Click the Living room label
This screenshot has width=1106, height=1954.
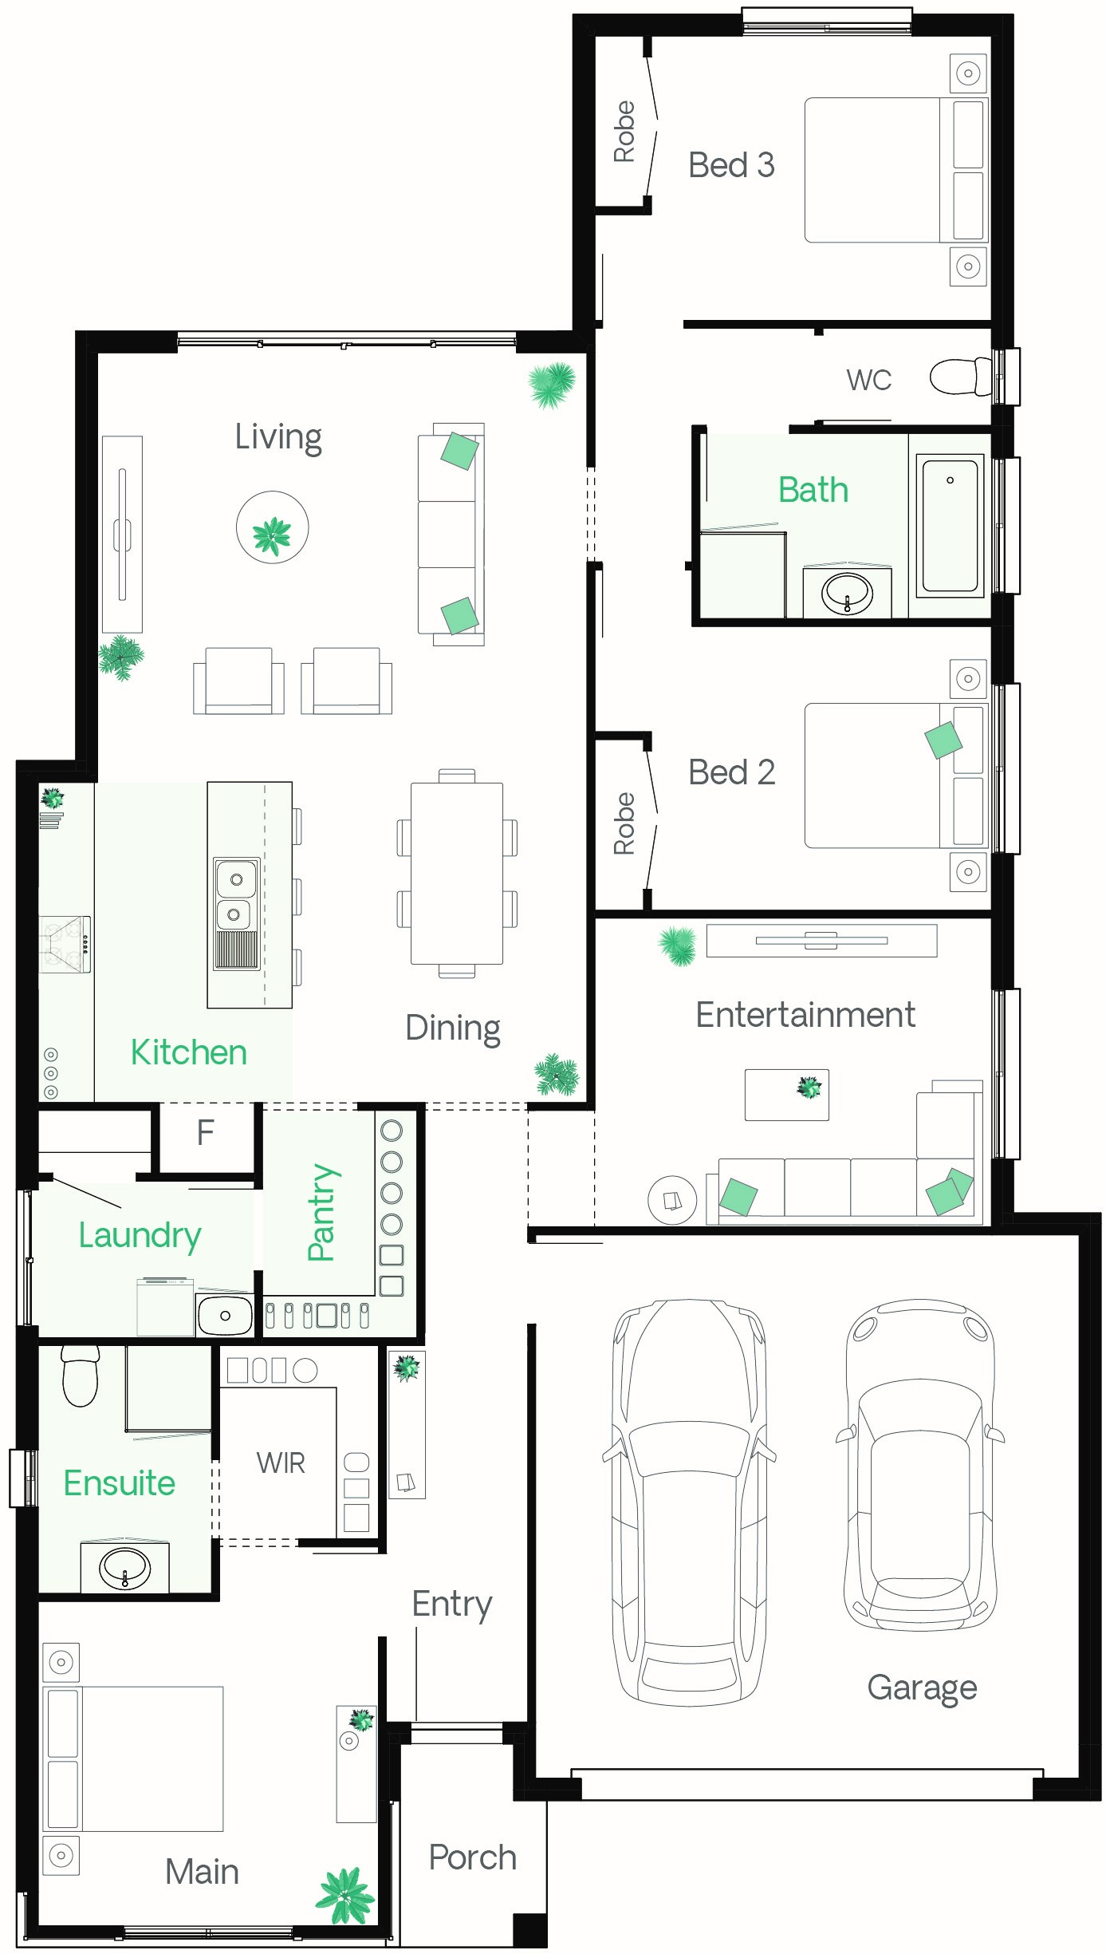[x=278, y=437]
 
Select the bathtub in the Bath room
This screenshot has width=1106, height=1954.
[x=950, y=525]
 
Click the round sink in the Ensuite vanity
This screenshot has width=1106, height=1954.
[x=124, y=1568]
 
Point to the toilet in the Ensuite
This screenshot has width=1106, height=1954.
[x=80, y=1376]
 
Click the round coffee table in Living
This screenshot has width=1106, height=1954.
[x=272, y=527]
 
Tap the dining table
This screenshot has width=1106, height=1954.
[x=457, y=873]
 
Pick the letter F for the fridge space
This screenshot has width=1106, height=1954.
[x=206, y=1132]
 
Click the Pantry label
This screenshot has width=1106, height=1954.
[x=323, y=1212]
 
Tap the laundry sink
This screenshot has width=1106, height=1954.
[x=225, y=1315]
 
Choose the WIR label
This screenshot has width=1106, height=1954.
[x=281, y=1463]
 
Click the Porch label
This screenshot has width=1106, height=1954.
[x=473, y=1857]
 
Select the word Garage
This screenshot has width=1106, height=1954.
[x=922, y=1688]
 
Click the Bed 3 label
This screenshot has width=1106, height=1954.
[x=731, y=165]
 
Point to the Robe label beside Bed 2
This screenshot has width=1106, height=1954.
[x=624, y=823]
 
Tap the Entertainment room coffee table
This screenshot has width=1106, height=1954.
[x=787, y=1095]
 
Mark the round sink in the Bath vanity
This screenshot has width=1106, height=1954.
[x=847, y=593]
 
